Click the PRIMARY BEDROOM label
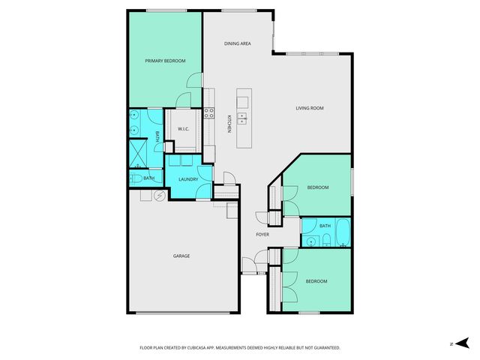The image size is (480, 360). (x=165, y=61)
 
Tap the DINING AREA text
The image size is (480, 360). (x=237, y=43)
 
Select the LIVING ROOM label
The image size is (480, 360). (x=308, y=108)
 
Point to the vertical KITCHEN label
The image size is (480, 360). (x=229, y=123)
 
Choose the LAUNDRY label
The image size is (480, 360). (x=188, y=179)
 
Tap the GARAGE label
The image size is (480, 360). (x=181, y=256)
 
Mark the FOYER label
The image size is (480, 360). (x=262, y=235)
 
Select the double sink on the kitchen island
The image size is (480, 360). (x=243, y=118)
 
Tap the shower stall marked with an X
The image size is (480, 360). (x=137, y=154)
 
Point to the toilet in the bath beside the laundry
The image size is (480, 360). (x=134, y=178)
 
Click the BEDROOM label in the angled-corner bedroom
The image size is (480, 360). (x=317, y=187)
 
